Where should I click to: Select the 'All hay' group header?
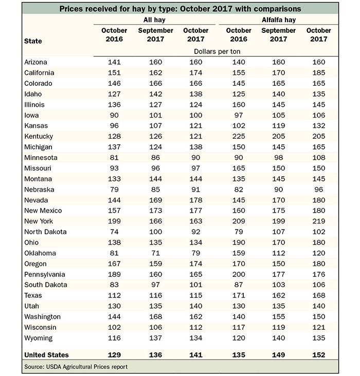tap(154, 20)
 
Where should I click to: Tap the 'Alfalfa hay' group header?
tap(279, 20)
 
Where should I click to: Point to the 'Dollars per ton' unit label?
tap(217, 51)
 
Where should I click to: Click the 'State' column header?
tap(33, 41)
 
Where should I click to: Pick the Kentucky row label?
tap(39, 137)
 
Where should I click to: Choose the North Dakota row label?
tap(45, 232)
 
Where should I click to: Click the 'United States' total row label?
tap(46, 355)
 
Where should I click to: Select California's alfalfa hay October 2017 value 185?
tap(319, 72)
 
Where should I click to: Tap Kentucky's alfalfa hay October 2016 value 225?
tap(239, 136)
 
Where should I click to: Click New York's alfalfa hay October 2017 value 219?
tap(319, 221)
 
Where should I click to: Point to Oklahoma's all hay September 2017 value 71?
tap(156, 253)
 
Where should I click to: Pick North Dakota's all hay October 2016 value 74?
tap(114, 232)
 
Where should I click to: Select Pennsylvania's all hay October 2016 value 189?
tap(114, 274)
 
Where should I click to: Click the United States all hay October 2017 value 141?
tap(196, 355)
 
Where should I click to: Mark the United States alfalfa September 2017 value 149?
tap(279, 355)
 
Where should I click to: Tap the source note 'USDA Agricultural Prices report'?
tap(87, 367)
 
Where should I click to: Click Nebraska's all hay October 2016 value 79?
tap(114, 190)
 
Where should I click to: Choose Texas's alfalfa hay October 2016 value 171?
tap(239, 295)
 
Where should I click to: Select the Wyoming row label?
tap(39, 338)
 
